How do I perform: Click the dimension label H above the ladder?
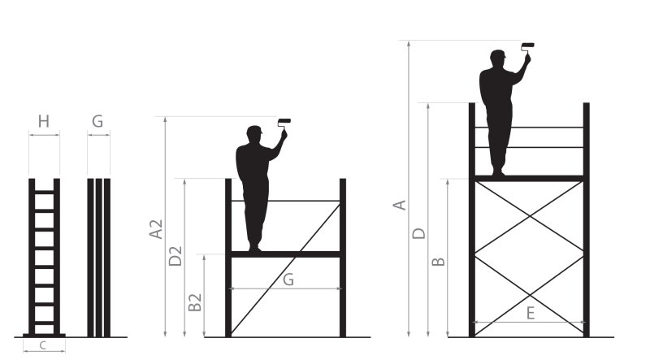44,122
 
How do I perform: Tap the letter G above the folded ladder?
97,122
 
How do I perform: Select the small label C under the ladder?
43,345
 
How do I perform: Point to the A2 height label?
156,229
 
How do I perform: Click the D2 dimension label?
175,256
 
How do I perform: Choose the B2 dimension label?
195,302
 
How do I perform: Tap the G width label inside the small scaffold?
288,280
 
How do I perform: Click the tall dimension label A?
400,206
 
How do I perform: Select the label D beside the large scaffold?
419,233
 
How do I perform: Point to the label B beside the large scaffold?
439,262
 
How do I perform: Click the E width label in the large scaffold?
531,313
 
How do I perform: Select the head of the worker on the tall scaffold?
497,58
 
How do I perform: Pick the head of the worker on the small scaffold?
254,134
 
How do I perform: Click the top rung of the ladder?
45,192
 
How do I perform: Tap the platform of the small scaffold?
286,254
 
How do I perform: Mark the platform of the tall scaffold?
529,179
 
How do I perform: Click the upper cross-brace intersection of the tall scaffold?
530,216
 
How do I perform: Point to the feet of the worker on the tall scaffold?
498,172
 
